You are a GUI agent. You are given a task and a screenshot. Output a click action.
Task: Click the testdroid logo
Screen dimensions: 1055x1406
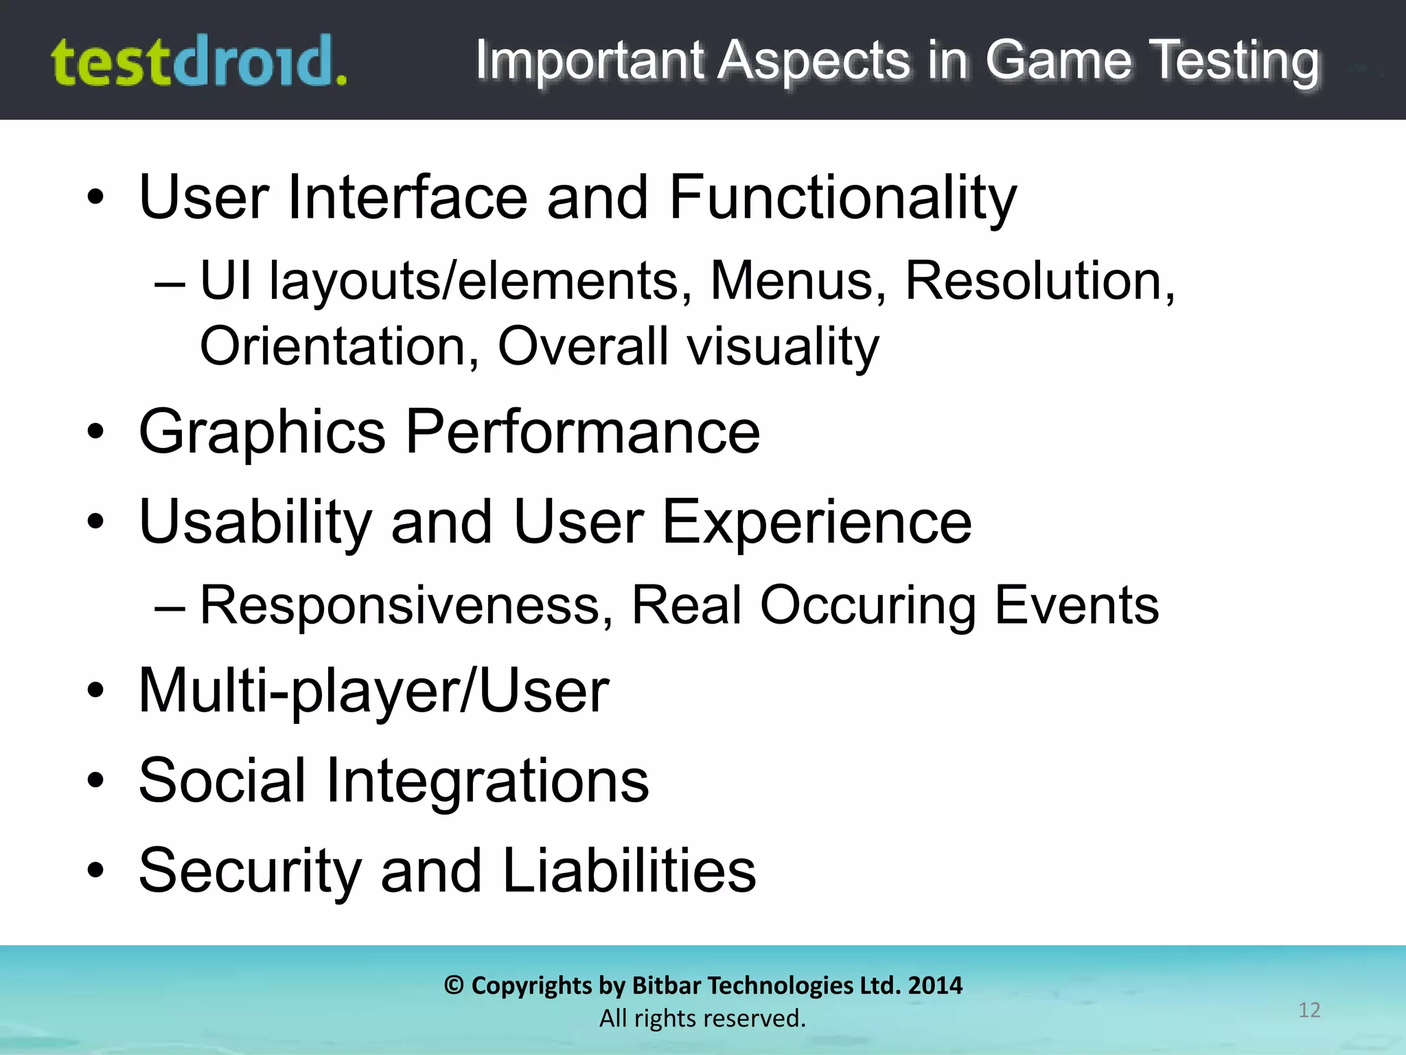click(x=199, y=62)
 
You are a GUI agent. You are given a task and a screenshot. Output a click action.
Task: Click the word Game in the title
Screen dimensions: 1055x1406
click(x=1058, y=60)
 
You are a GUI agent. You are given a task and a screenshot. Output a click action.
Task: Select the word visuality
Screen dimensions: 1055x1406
click(x=783, y=348)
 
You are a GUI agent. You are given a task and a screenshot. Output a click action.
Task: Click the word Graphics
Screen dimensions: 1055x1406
click(x=262, y=433)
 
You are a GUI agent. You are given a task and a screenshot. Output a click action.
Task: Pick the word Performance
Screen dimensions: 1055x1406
click(x=582, y=433)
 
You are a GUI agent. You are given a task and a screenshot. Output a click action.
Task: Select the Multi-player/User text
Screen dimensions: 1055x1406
click(x=373, y=691)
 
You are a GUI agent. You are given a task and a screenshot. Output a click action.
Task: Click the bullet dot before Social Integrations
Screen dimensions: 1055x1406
click(x=95, y=780)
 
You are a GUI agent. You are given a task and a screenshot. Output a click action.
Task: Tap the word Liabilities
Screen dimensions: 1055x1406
click(x=629, y=871)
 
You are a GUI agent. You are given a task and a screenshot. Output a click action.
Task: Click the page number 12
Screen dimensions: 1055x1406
click(x=1309, y=1010)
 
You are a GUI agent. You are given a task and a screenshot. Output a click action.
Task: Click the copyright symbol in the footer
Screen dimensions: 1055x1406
click(x=454, y=986)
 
